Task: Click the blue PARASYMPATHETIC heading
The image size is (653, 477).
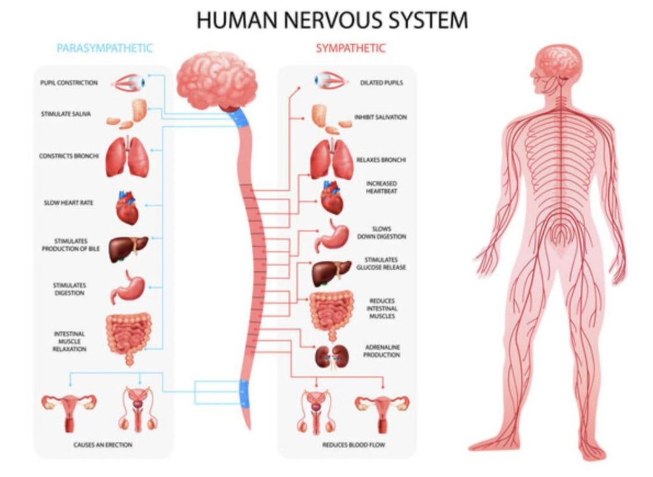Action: tap(105, 49)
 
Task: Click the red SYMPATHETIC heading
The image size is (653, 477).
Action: tap(350, 49)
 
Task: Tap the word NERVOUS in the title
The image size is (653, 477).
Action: tap(332, 20)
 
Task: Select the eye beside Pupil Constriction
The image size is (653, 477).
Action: tap(129, 82)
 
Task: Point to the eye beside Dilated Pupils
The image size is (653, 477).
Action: tap(330, 81)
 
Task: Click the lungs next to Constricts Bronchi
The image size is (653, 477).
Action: tap(128, 156)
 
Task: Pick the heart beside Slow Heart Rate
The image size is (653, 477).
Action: tap(127, 208)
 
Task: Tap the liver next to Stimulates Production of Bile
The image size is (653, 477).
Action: tap(128, 249)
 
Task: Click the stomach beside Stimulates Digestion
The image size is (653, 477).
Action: tap(128, 287)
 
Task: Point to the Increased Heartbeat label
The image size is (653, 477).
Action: tap(381, 187)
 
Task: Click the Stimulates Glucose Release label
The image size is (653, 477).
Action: tap(381, 264)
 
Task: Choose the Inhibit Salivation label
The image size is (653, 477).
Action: tap(381, 117)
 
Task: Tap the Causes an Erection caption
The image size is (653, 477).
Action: tap(103, 445)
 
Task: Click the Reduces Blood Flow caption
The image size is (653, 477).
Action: tap(353, 445)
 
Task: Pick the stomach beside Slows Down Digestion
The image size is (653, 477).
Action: tap(332, 236)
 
